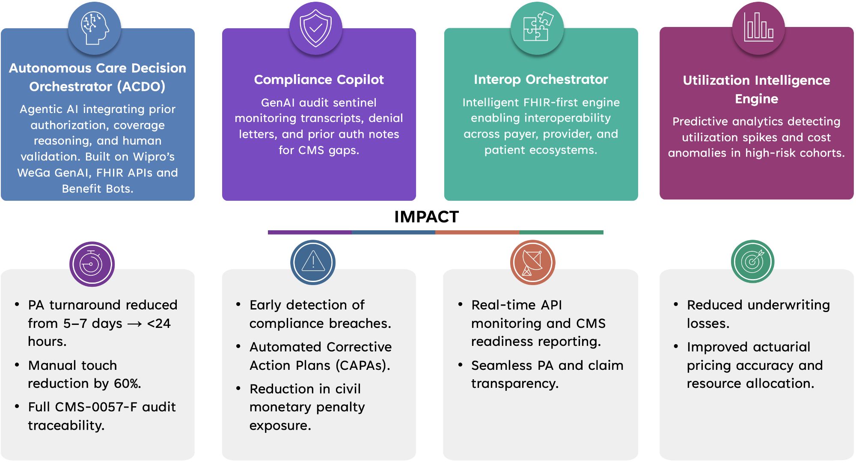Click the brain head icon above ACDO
point(95,28)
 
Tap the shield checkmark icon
point(315,28)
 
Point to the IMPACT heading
point(426,217)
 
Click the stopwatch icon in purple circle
point(92,264)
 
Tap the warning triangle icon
point(313,262)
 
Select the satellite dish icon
point(532,262)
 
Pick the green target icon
point(752,262)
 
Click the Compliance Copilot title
point(319,80)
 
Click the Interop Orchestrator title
point(541,80)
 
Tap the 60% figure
point(127,384)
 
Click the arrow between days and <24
point(134,324)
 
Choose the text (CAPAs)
point(363,366)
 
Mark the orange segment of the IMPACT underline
point(477,232)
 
